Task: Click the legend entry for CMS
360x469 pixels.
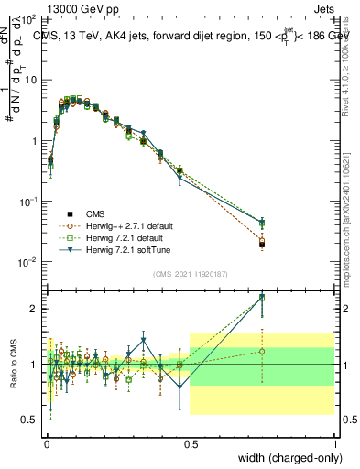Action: click(x=96, y=211)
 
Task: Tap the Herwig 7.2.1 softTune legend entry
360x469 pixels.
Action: click(x=124, y=249)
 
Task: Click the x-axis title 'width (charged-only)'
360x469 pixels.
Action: click(x=286, y=457)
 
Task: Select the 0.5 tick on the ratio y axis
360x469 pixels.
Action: click(x=29, y=420)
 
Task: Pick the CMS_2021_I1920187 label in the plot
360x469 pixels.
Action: click(x=190, y=273)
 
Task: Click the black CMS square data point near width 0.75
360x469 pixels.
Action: click(x=262, y=245)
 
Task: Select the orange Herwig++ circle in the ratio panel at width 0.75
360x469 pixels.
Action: click(x=262, y=352)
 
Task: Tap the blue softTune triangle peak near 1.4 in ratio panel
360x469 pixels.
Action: click(x=143, y=340)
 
